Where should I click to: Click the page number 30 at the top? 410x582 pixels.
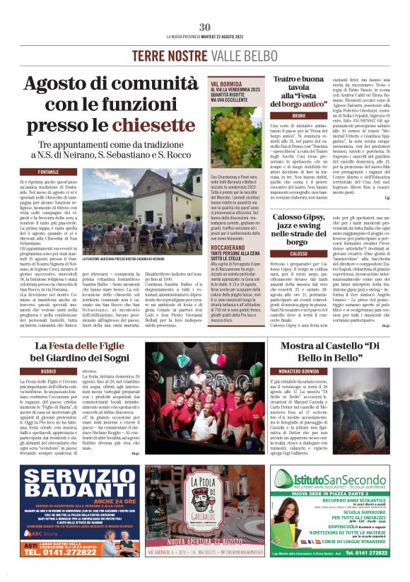coord(205,27)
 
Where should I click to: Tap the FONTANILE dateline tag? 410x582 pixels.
coord(49,172)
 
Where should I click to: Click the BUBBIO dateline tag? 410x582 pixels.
coord(48,371)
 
